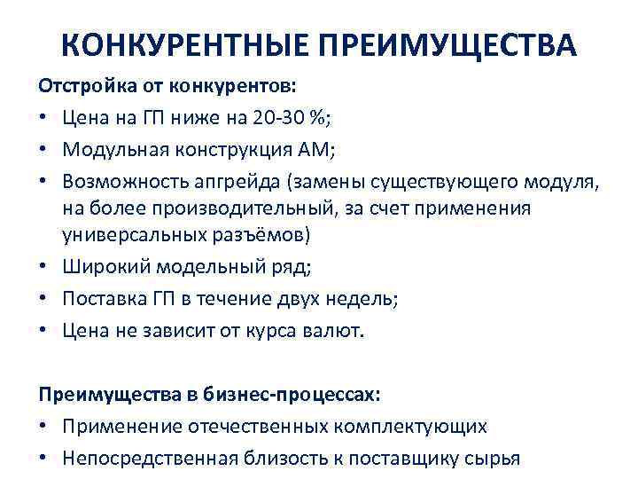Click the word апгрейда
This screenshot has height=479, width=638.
[x=224, y=181]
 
